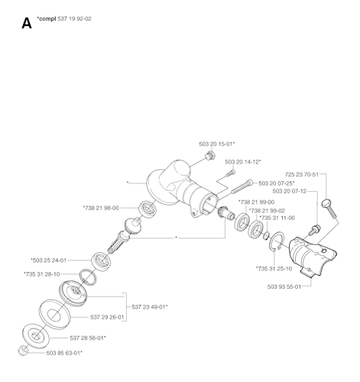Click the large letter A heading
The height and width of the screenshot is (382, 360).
27,24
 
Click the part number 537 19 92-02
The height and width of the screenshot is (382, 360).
74,19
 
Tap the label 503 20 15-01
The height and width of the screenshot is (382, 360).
217,144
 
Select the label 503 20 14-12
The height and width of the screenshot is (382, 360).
243,162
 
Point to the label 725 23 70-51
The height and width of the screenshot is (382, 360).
302,174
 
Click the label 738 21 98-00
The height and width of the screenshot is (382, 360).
101,208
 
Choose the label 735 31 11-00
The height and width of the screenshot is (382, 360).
277,218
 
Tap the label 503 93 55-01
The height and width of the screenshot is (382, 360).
284,286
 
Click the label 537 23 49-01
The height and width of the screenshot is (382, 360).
150,307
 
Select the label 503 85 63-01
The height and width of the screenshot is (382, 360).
64,353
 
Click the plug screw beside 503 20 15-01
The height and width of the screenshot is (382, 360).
211,155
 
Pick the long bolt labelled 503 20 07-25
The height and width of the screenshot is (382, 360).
242,186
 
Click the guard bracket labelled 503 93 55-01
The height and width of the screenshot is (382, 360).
313,257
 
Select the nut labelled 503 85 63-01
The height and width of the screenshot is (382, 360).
22,351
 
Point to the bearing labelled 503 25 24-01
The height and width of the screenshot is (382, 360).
101,261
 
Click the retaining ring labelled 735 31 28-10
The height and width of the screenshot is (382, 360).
88,277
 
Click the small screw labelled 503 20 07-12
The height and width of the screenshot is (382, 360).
315,230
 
